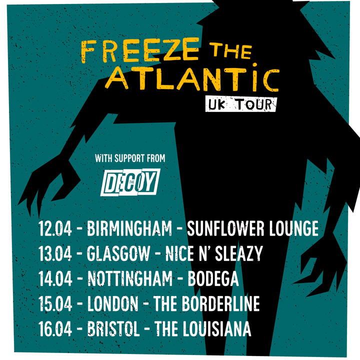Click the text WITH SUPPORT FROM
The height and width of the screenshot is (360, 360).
coord(130,159)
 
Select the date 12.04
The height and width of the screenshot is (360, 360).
coord(55,228)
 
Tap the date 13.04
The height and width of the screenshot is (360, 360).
coord(55,254)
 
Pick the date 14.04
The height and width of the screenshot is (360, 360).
coord(55,279)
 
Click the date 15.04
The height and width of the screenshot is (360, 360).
coord(55,304)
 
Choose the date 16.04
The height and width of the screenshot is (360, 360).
coord(55,329)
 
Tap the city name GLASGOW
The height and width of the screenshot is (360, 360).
coord(118,254)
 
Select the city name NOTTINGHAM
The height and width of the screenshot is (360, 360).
coord(129,279)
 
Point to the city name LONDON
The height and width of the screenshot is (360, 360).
coord(112,304)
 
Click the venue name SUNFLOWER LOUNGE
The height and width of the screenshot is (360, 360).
coord(252,228)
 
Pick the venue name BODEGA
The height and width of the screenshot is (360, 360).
coord(213,279)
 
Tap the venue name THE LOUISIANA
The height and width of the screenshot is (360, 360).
coord(203,329)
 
